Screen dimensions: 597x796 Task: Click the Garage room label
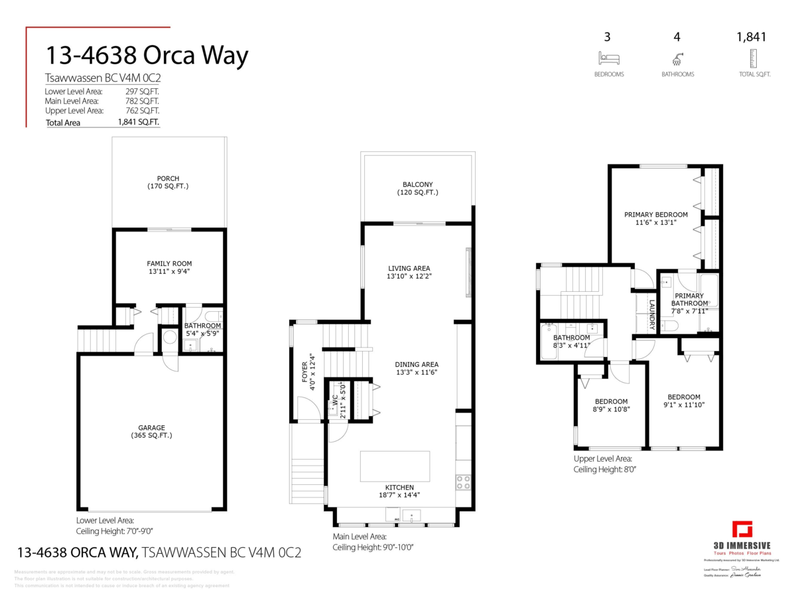[x=152, y=428]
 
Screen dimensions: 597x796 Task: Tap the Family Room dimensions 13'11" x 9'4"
[x=169, y=271]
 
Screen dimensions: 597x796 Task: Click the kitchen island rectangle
[x=395, y=466]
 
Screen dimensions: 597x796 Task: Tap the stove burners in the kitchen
[x=463, y=482]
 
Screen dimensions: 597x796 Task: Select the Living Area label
[x=414, y=268]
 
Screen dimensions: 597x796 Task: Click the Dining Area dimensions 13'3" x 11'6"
[x=417, y=372]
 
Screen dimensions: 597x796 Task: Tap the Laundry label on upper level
[x=652, y=314]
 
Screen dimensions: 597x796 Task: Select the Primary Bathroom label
[x=689, y=299]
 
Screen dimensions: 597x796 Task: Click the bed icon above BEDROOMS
[x=609, y=58]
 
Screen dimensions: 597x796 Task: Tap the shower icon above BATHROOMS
[x=677, y=58]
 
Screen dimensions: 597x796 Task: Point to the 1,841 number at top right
[x=751, y=37]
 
